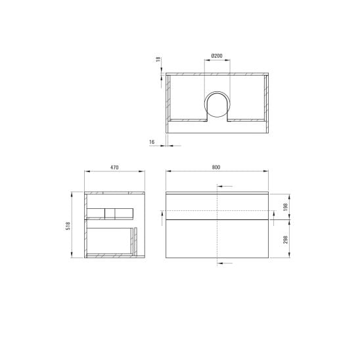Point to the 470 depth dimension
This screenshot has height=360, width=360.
[x=114, y=168]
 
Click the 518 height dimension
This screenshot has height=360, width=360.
[x=68, y=226]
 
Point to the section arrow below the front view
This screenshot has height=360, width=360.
[x=223, y=263]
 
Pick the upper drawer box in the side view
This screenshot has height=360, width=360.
[x=109, y=212]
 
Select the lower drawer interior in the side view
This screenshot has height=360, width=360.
[x=112, y=240]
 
